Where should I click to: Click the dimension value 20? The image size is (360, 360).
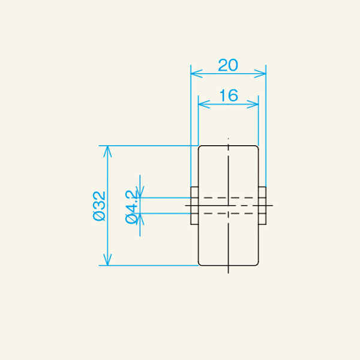[228, 65]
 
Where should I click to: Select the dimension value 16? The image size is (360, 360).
[228, 95]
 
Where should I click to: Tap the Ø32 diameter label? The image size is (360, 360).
[100, 205]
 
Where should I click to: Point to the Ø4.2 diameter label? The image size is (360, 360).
[133, 205]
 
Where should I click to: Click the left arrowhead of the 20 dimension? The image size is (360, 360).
[194, 73]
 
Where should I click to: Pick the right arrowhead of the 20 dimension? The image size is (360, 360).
[262, 73]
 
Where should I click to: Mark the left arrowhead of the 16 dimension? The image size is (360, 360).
[202, 104]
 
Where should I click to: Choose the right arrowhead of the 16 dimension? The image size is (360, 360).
[254, 104]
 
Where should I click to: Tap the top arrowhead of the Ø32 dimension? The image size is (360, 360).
[107, 149]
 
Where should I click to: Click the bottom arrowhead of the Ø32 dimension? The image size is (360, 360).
[107, 260]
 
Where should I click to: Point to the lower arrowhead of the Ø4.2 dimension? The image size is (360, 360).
[140, 218]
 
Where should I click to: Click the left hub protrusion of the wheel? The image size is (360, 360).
[194, 205]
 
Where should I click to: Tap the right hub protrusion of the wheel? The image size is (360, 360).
[262, 205]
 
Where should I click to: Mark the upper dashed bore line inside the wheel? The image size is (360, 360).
[228, 197]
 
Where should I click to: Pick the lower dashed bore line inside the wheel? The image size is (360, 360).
[228, 213]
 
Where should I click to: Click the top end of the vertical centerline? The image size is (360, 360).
[228, 139]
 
